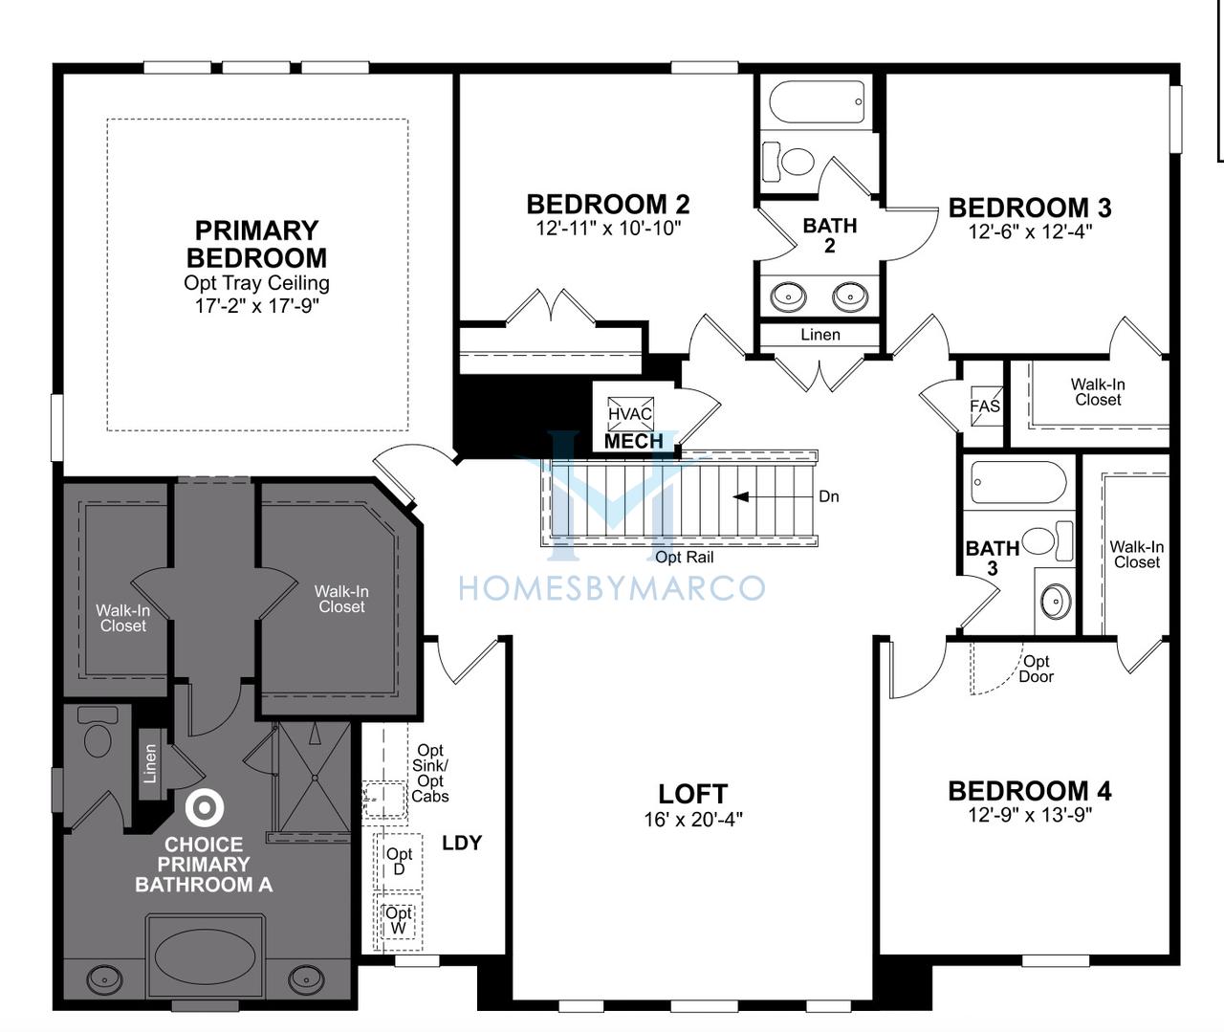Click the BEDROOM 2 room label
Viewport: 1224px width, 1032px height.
point(608,205)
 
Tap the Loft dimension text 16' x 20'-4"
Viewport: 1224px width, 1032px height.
point(693,819)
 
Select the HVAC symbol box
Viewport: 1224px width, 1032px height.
point(629,413)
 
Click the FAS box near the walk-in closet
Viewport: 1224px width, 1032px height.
point(985,406)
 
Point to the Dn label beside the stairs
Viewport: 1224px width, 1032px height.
point(829,496)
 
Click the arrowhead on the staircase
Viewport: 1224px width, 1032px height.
point(741,497)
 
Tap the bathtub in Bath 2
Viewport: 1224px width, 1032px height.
point(816,102)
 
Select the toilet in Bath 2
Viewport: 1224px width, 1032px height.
point(789,161)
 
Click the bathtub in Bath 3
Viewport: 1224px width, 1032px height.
point(1018,482)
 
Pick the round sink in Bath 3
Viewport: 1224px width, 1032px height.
point(1056,601)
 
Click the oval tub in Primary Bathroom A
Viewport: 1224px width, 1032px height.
point(206,957)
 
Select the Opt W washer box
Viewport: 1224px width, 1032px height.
point(398,922)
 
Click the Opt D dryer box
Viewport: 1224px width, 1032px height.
point(398,862)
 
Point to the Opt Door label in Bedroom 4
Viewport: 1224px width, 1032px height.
point(1036,669)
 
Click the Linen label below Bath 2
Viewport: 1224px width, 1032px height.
point(820,335)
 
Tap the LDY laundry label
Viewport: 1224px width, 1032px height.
point(462,844)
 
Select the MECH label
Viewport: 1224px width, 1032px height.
point(634,441)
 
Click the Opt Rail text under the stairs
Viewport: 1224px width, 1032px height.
point(684,557)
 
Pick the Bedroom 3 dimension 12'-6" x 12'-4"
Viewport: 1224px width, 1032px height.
point(1030,231)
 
